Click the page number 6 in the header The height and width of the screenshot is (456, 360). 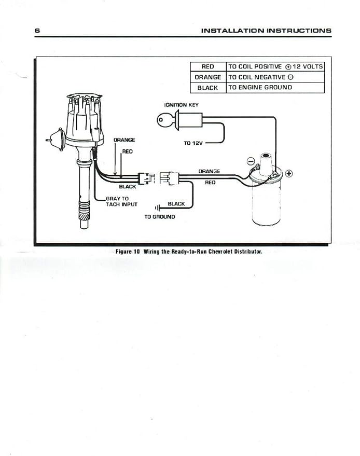[x=37, y=31]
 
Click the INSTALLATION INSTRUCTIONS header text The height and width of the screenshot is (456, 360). [x=266, y=31]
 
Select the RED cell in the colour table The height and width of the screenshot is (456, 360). [x=208, y=66]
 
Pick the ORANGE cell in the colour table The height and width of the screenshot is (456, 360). [x=208, y=77]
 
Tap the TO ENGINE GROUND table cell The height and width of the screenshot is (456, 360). [x=275, y=88]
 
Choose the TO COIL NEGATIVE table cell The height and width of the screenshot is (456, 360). [x=275, y=77]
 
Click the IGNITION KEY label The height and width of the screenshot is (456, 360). [x=181, y=105]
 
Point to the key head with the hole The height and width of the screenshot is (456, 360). [x=162, y=120]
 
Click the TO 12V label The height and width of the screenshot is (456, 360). [x=193, y=143]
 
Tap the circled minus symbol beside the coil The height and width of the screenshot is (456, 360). [x=251, y=161]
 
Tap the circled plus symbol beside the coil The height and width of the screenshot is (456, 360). [x=289, y=174]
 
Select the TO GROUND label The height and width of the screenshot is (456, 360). [x=160, y=217]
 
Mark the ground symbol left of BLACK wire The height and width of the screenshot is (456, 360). [x=157, y=208]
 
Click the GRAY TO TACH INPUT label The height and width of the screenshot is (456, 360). [x=121, y=201]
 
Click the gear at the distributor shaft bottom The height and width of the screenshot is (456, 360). [x=84, y=217]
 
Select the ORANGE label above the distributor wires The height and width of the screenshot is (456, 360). [x=124, y=140]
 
